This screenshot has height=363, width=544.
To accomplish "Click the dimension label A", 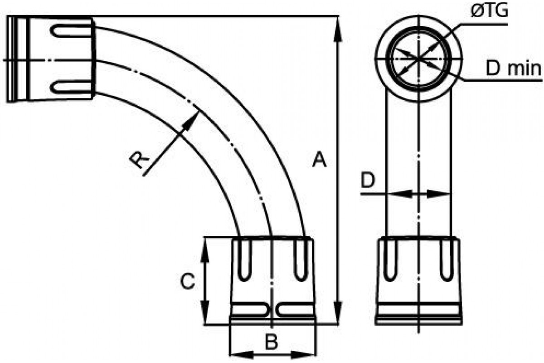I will [x=320, y=161].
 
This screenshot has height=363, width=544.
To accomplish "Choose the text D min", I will [x=513, y=69].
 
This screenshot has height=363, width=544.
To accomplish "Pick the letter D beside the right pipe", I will [x=369, y=181].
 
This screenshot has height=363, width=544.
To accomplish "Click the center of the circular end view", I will [x=420, y=59].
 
